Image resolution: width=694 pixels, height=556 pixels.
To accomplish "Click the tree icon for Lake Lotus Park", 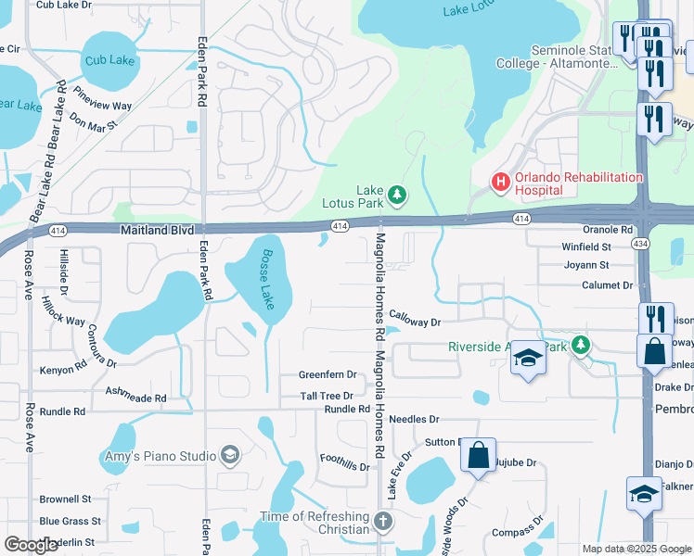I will (397, 194).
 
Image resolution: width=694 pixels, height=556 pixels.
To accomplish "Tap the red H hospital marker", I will (501, 183).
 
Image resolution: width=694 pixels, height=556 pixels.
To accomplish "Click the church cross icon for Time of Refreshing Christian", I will (383, 522).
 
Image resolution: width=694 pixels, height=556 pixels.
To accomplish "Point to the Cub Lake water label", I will (109, 60).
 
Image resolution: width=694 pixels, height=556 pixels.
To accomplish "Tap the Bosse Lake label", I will (266, 279).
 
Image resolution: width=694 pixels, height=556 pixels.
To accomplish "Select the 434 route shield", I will (639, 244).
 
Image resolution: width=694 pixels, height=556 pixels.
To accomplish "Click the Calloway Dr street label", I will (414, 322).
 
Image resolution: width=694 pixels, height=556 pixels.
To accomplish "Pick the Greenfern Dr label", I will (328, 374).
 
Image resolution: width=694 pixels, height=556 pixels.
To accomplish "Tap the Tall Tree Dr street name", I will (328, 396).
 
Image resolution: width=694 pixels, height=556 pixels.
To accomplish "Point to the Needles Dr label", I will (413, 420).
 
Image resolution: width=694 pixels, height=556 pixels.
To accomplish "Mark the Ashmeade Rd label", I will (135, 398).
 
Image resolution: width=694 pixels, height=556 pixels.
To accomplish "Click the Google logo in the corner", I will (31, 544).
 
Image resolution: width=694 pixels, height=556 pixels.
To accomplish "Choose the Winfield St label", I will (586, 247).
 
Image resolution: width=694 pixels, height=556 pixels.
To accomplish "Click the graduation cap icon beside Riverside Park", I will (527, 360).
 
